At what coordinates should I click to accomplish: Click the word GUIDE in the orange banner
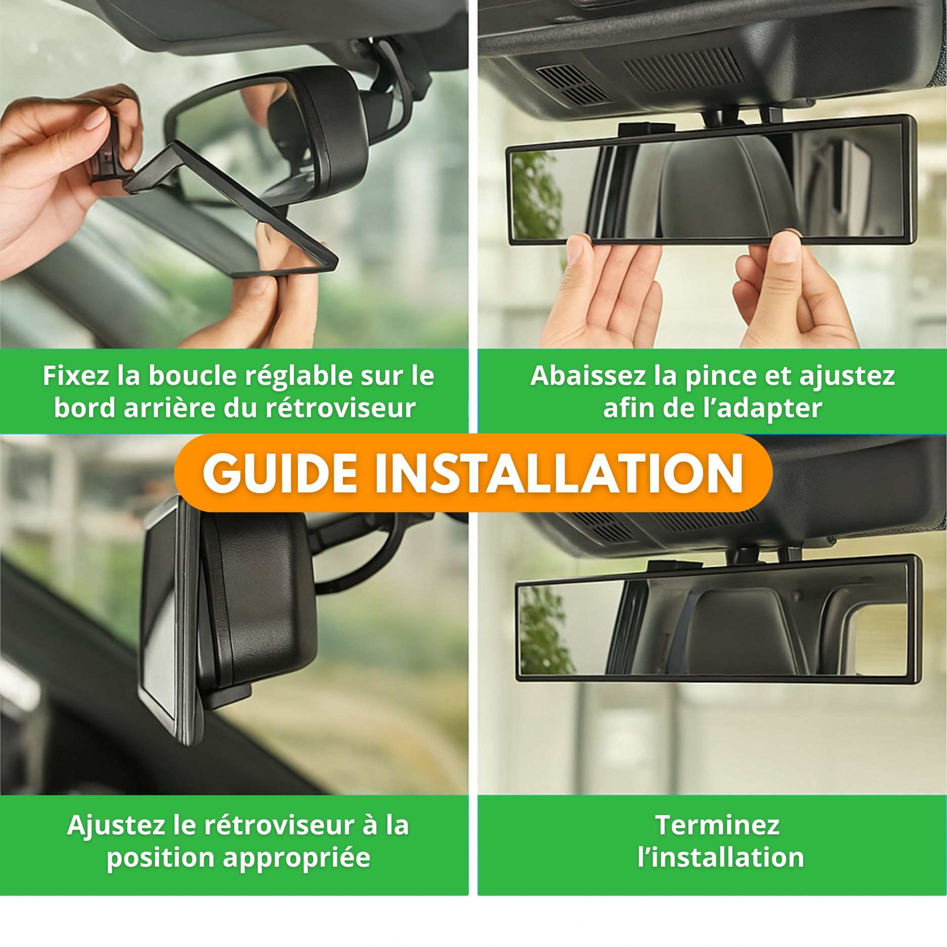[x=280, y=473]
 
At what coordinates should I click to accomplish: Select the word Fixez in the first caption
[x=76, y=376]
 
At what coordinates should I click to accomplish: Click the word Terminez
[x=717, y=825]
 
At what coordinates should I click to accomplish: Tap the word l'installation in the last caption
[x=721, y=858]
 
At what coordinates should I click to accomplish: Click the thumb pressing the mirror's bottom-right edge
[x=784, y=245]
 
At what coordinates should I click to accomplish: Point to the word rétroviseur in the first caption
[x=340, y=408]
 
